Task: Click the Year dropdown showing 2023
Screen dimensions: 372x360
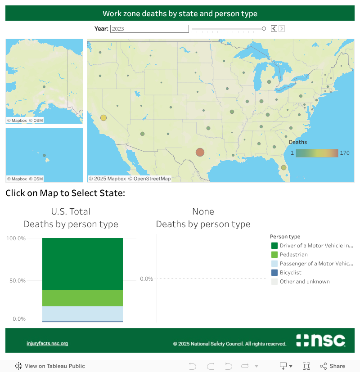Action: [149, 29]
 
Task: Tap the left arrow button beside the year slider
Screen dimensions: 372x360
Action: [274, 29]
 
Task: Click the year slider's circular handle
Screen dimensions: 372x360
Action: [264, 29]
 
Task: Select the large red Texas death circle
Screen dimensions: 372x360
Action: [200, 152]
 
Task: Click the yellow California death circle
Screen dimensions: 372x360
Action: [103, 118]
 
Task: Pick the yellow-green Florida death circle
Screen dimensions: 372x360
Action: [283, 167]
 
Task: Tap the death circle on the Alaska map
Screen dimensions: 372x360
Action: [44, 87]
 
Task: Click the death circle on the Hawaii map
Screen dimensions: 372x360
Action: [44, 156]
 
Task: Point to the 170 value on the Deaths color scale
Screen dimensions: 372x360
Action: [345, 153]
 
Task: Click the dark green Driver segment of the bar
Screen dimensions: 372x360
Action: [82, 264]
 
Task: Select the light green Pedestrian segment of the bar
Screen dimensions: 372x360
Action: [82, 298]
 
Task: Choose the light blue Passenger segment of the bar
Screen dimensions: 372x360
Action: [82, 313]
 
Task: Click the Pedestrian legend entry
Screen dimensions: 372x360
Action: [293, 255]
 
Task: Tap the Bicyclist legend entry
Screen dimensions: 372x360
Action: [290, 273]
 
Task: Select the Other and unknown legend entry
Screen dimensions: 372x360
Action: [304, 282]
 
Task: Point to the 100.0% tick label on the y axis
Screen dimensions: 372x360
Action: [16, 238]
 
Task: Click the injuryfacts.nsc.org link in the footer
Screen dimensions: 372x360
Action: [47, 344]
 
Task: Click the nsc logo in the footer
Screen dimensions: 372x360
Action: [320, 341]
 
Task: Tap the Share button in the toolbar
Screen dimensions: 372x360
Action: [333, 366]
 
